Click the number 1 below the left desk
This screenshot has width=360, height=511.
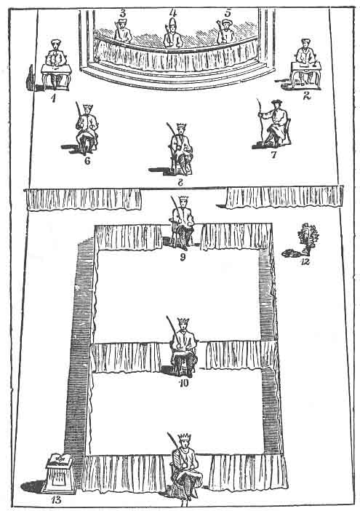coord(53,98)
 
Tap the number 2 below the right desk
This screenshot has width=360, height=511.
coord(307,95)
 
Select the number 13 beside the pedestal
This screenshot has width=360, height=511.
coord(56,499)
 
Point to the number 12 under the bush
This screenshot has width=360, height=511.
coord(305,261)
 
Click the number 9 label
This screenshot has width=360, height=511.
coord(183,257)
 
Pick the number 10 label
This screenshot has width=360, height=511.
coord(184,383)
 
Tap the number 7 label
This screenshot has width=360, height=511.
coord(273,154)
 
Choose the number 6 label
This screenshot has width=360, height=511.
coord(87,161)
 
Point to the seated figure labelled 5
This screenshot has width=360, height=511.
coord(226,31)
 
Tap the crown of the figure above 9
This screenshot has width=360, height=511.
coord(184,199)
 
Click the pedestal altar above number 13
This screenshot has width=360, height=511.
coord(61,473)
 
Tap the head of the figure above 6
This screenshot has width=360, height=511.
coord(87,110)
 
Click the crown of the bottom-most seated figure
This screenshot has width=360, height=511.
coord(185,437)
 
